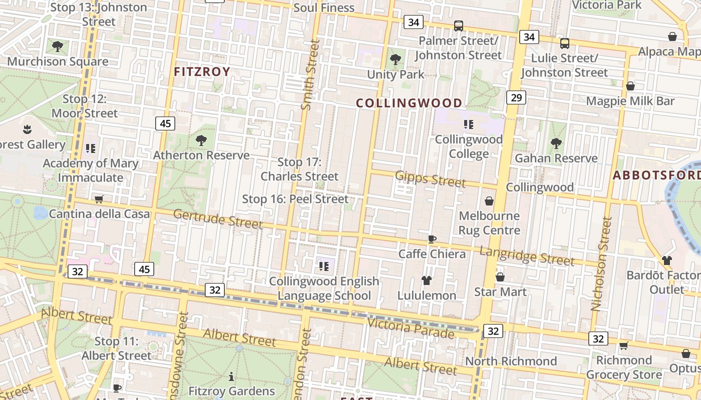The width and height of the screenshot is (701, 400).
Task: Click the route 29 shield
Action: (516, 97)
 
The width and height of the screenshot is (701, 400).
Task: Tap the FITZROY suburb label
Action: (202, 71)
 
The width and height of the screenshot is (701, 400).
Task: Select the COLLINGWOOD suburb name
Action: (409, 103)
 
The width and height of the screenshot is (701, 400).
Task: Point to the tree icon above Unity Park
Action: (396, 59)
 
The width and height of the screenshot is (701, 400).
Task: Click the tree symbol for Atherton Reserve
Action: (201, 140)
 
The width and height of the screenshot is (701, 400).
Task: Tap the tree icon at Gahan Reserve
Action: (556, 143)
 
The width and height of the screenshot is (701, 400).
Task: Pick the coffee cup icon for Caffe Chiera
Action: (432, 239)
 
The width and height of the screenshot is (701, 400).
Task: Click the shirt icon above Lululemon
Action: (427, 280)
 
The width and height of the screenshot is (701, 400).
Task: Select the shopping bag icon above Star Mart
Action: (500, 277)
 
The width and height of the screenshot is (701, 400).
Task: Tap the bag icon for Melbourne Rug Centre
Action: (489, 201)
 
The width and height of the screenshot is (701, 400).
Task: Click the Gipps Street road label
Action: (431, 178)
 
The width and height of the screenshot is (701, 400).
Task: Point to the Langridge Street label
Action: (527, 255)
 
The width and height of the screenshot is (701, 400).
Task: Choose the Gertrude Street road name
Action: (218, 218)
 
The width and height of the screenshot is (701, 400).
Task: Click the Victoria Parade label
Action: (411, 327)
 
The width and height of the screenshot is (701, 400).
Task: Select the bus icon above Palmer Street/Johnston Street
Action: (458, 26)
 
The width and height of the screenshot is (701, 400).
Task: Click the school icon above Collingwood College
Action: (469, 124)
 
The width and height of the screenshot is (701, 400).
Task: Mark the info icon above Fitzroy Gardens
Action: (231, 376)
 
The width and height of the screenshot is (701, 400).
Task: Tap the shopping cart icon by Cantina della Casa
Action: (99, 199)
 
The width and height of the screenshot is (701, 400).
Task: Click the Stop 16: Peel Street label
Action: (295, 199)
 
